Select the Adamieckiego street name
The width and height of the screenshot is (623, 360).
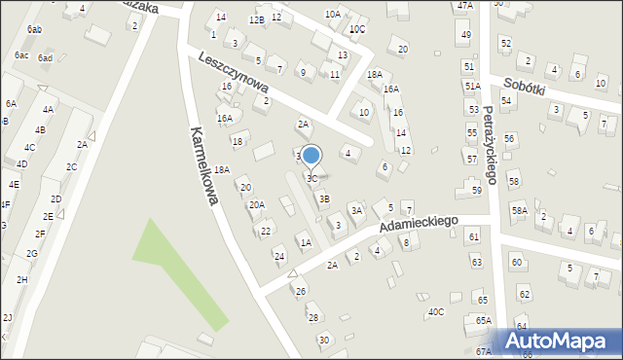click(418, 224)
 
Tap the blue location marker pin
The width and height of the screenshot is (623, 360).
click(311, 156)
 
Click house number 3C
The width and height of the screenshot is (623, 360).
click(311, 179)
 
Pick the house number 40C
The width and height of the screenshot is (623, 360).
click(436, 311)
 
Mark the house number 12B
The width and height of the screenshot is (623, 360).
click(256, 19)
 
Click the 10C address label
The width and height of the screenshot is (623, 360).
click(357, 29)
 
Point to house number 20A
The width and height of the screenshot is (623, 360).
click(256, 204)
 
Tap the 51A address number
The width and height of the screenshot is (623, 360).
click(472, 86)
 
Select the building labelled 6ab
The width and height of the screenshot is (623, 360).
click(34, 30)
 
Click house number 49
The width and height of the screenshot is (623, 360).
click(466, 35)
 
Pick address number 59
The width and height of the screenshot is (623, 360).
click(477, 190)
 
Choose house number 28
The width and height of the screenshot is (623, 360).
click(312, 317)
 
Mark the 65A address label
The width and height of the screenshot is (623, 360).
click(484, 320)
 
